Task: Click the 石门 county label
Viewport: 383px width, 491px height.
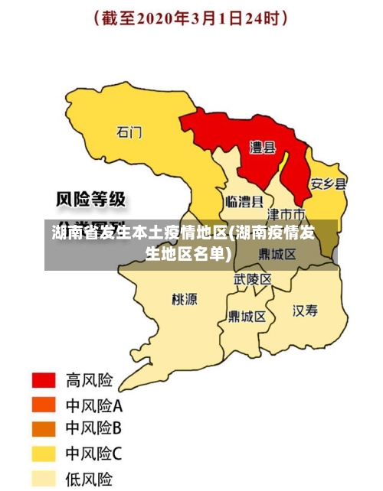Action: (129, 132)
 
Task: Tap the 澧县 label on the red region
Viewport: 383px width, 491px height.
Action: (263, 148)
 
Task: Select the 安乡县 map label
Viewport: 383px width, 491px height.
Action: (328, 184)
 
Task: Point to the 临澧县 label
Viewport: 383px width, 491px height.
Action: (244, 202)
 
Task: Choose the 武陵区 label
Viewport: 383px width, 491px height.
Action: (252, 280)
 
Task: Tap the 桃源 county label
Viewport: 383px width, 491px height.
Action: (184, 299)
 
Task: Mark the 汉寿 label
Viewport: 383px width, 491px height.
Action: (305, 311)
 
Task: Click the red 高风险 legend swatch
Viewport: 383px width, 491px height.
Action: (43, 379)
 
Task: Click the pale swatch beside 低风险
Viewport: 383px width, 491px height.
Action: (43, 479)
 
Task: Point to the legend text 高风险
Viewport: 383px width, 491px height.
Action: (90, 379)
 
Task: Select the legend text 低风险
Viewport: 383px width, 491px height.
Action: (90, 480)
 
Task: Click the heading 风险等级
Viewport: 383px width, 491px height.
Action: (91, 200)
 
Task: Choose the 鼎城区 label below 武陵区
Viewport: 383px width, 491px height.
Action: (247, 316)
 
